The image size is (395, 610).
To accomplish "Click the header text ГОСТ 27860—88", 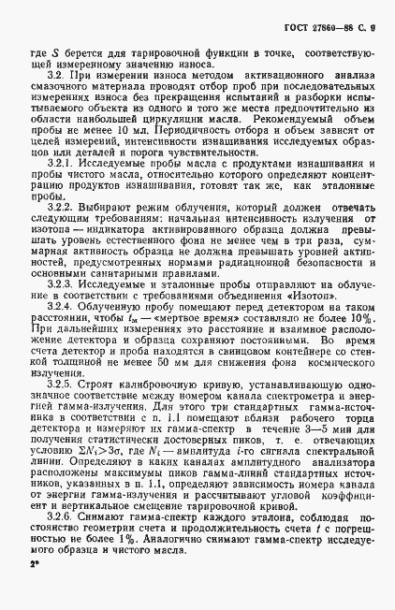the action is pos(326,12).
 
